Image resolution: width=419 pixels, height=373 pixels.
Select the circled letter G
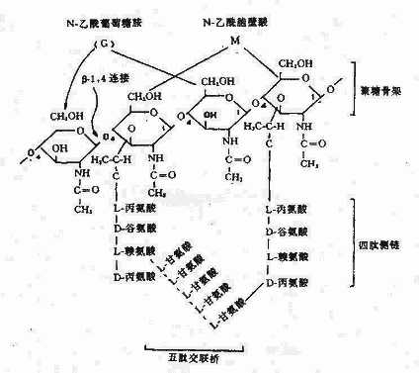coord(102,47)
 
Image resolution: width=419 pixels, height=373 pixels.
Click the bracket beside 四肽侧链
coord(357,238)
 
